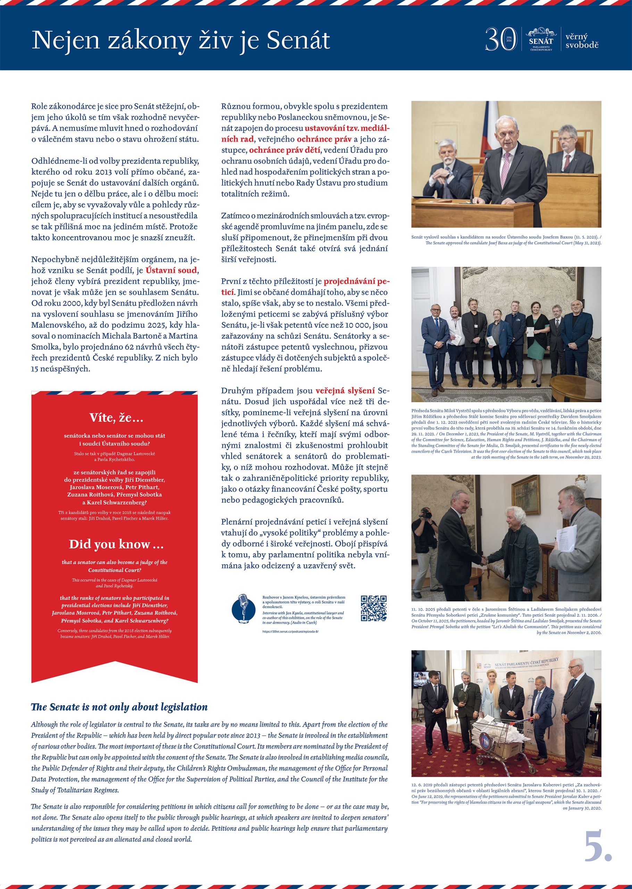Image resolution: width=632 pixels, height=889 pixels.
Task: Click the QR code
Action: point(374,608)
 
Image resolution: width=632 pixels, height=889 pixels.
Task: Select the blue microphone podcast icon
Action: point(244,608)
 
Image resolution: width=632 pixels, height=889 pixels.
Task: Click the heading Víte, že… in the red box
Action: point(116,418)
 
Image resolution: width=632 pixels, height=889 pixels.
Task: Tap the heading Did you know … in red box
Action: point(116,544)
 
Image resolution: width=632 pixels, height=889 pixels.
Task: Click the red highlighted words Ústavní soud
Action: point(171,270)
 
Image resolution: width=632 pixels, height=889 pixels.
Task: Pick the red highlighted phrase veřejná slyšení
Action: point(345,391)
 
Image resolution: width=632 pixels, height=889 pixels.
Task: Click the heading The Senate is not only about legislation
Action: point(119,707)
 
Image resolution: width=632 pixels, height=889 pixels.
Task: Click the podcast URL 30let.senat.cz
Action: point(290,631)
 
